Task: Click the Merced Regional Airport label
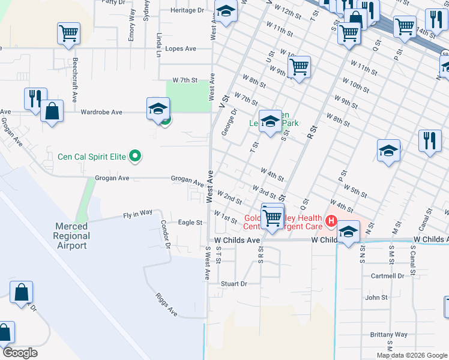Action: (x=71, y=236)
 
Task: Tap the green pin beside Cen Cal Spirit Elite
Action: (x=135, y=157)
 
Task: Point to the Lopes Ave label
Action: (x=181, y=49)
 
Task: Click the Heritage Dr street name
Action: (x=187, y=10)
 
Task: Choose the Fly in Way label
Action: (x=138, y=214)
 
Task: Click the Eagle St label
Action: (x=190, y=223)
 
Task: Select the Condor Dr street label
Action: (x=166, y=234)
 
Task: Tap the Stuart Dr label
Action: (x=234, y=284)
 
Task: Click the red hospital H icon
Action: (x=330, y=222)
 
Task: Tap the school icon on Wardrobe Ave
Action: (x=158, y=109)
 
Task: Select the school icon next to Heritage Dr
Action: (x=226, y=11)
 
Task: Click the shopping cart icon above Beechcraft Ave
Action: (x=68, y=33)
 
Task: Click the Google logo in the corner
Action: (x=19, y=353)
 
